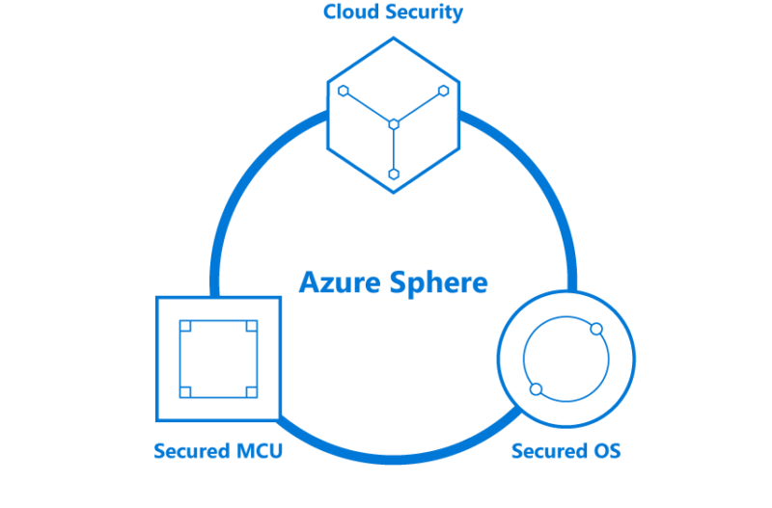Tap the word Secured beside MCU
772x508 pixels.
(x=191, y=451)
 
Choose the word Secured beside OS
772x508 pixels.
(x=547, y=451)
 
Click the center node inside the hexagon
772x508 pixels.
(x=394, y=123)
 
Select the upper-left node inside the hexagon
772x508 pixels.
(x=344, y=91)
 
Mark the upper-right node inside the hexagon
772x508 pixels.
(x=444, y=91)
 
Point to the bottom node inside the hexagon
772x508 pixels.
(x=394, y=174)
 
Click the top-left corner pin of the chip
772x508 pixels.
(x=186, y=327)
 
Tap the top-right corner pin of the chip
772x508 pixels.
(x=251, y=327)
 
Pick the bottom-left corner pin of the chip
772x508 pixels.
(x=186, y=390)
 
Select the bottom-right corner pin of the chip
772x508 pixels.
(x=251, y=390)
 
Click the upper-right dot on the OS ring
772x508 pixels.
(x=596, y=329)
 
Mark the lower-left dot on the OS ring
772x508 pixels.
(x=537, y=389)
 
